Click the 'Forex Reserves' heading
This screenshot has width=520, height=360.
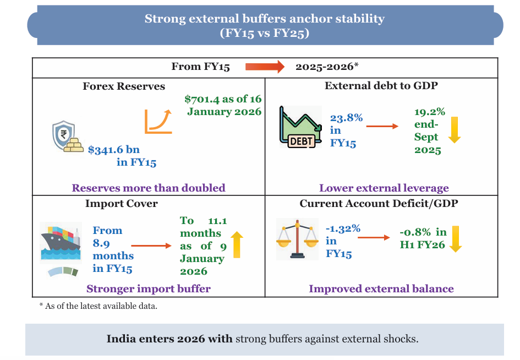click(124, 86)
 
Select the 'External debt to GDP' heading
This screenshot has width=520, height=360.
click(381, 86)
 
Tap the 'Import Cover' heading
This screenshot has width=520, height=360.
click(122, 204)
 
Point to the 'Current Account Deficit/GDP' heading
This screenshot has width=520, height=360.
click(379, 204)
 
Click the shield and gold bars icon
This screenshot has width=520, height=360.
click(68, 137)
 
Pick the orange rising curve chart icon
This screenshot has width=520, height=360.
click(158, 121)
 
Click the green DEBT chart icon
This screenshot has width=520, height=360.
click(300, 128)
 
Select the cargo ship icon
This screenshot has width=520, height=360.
click(61, 242)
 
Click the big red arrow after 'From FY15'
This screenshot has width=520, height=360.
click(265, 67)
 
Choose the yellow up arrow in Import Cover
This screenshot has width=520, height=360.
click(236, 245)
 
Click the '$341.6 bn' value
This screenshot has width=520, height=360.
click(114, 149)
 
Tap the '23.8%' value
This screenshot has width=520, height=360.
click(346, 118)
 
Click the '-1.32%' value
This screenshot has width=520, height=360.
click(343, 228)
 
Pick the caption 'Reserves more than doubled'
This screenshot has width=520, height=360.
click(149, 188)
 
